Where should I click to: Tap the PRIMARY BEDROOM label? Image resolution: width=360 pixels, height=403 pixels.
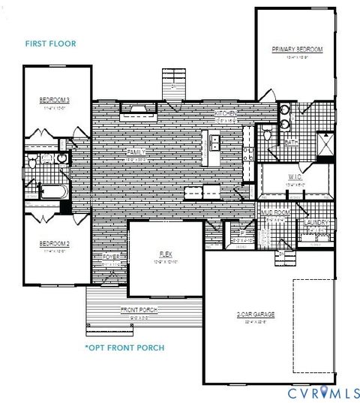click(x=297, y=50)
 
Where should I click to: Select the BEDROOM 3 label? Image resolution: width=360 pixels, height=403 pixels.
click(x=55, y=100)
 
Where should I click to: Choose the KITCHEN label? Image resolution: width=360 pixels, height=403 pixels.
click(x=227, y=113)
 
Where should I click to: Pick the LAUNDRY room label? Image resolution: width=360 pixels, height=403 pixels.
click(x=317, y=222)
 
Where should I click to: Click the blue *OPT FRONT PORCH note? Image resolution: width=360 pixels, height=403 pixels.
click(x=124, y=348)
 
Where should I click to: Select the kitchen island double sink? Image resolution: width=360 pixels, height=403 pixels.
click(x=214, y=141)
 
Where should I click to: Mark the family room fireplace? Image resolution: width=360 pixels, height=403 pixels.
click(x=136, y=110)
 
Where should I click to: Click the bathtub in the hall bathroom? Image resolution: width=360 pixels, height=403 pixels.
click(x=44, y=191)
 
